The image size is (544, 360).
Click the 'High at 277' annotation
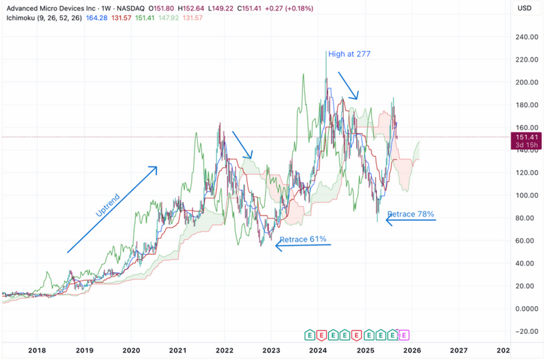tap(351, 54)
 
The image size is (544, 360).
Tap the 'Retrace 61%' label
tap(302, 240)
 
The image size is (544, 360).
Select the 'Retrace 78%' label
tap(411, 214)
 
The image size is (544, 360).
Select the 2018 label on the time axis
tap(37, 349)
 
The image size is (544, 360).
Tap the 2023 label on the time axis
tap(271, 349)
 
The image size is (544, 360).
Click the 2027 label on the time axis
tap(458, 349)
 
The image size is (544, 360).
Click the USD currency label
tap(524, 8)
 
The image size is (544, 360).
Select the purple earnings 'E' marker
tap(404, 335)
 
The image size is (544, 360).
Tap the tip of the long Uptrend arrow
tap(156, 167)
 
